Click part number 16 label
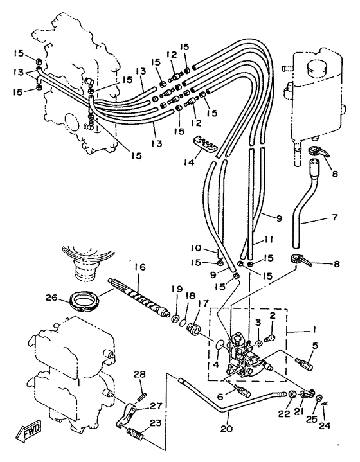(139, 267)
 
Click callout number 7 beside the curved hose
(334, 217)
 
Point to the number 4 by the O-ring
(216, 364)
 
